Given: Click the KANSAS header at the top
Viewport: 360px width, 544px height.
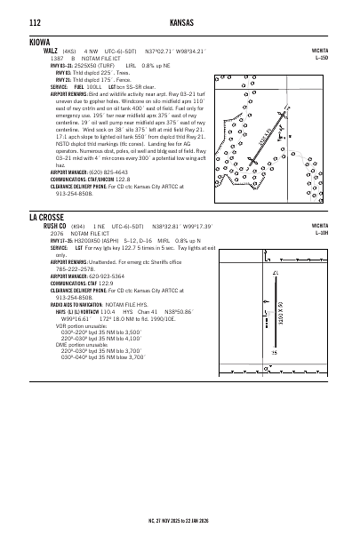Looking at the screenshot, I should pyautogui.click(x=180, y=21).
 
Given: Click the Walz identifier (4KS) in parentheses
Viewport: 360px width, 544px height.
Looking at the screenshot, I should pyautogui.click(x=69, y=52).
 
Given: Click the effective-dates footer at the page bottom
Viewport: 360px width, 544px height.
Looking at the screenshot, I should pyautogui.click(x=180, y=519).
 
